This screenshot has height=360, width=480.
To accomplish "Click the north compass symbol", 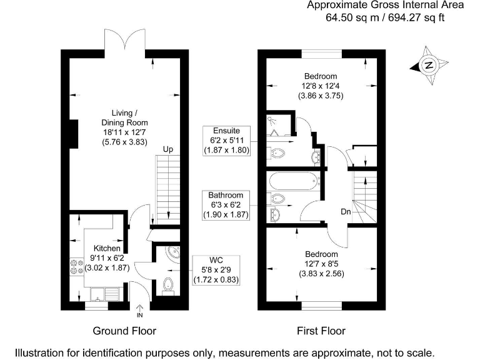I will (x=429, y=64).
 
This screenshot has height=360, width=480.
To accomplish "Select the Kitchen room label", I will (x=106, y=249).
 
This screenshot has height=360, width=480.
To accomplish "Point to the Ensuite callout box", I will (x=226, y=141).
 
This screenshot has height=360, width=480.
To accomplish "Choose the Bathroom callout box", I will (x=226, y=205).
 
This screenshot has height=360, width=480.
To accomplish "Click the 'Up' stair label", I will (x=167, y=150).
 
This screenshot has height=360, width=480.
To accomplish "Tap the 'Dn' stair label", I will (x=345, y=212).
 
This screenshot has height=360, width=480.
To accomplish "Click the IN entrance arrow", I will (x=139, y=310).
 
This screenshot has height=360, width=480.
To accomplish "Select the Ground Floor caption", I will (x=124, y=331).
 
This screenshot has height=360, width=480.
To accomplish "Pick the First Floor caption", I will (x=321, y=331).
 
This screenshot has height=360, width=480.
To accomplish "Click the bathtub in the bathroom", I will (x=294, y=182).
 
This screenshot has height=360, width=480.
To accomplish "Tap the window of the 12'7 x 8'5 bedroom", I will (x=321, y=306).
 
